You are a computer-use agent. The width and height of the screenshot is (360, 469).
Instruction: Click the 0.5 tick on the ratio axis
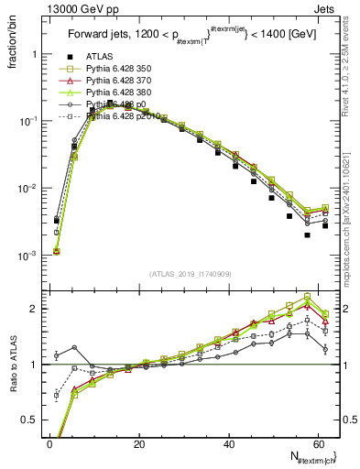coord(29,420)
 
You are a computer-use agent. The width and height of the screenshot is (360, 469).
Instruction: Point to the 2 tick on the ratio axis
coord(33,309)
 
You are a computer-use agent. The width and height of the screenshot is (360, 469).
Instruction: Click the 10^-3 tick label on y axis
coord(26,256)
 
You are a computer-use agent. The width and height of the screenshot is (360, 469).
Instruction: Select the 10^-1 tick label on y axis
coord(26,122)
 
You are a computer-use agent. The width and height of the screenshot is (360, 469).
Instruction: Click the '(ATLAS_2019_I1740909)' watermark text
coord(190,274)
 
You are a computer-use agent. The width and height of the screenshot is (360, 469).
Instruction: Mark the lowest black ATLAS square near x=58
coord(307,235)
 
